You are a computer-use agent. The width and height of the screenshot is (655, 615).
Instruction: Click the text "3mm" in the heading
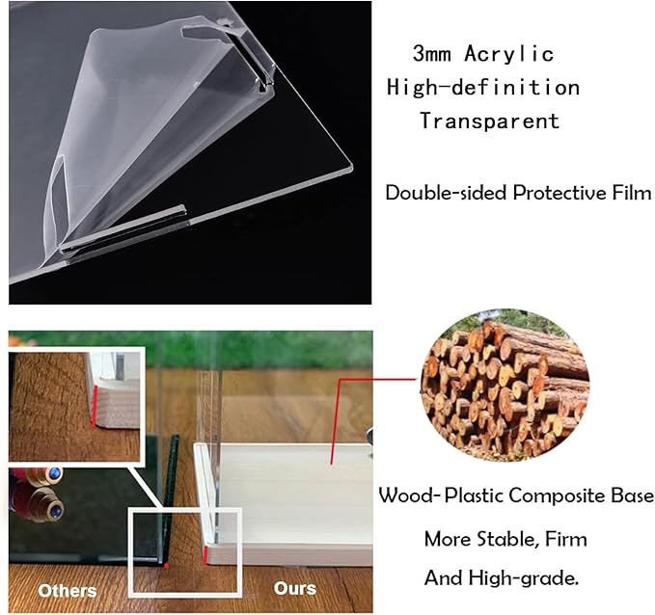tap(431, 54)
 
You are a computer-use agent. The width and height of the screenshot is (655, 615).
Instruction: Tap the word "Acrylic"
tap(508, 54)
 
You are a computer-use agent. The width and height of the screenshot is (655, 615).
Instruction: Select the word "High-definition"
tap(483, 88)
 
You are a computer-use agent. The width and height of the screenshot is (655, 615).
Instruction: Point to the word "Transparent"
tap(490, 120)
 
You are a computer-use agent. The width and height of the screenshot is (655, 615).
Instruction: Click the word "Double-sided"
tap(447, 193)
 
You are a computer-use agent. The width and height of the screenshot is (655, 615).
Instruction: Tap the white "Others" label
tap(68, 591)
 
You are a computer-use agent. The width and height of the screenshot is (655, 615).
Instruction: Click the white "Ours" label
tap(295, 588)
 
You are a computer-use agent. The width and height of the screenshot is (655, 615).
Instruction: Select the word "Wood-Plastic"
tap(441, 495)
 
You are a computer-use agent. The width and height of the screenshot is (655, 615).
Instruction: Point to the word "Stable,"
tap(506, 539)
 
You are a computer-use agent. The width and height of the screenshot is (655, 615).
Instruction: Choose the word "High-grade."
tap(524, 578)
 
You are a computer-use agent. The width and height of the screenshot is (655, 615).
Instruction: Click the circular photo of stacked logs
tap(505, 386)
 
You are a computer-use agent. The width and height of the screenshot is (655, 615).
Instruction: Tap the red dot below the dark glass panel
tap(167, 566)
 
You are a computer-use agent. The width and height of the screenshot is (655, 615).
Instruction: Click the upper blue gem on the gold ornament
tap(54, 473)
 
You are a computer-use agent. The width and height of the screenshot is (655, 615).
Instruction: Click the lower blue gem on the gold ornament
tap(56, 509)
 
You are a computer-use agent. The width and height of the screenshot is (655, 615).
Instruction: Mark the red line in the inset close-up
tap(95, 406)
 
